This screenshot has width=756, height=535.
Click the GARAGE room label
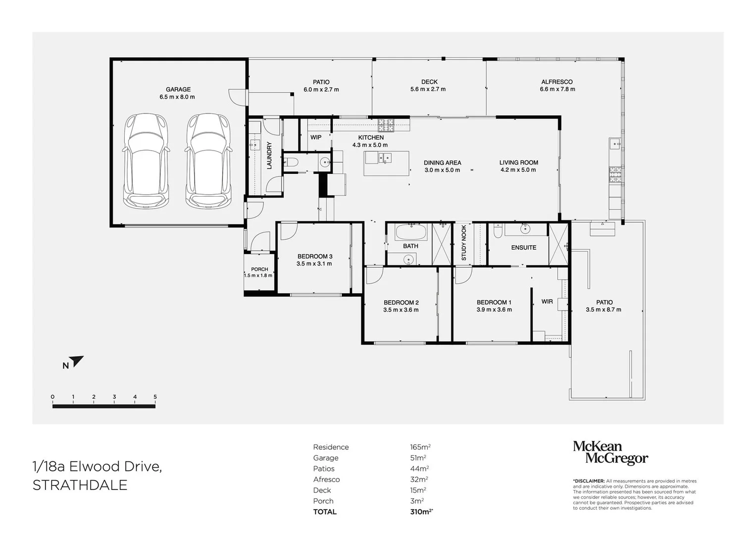[178, 90]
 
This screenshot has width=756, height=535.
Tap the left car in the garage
[146, 160]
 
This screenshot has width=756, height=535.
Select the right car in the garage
[208, 160]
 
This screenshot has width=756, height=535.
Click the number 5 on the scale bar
[155, 397]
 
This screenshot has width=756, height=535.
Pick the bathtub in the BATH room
[411, 232]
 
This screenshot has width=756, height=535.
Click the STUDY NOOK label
[464, 243]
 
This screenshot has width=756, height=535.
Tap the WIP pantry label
[316, 138]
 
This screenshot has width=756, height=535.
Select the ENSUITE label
[523, 248]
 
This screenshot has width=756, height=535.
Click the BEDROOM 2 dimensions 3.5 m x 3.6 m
[401, 310]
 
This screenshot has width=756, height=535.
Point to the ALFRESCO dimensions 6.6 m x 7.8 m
[557, 89]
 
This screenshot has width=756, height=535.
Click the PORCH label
[259, 269]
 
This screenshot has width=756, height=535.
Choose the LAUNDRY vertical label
[269, 156]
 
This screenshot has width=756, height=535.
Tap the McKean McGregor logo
[610, 453]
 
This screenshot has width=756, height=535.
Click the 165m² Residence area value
[420, 447]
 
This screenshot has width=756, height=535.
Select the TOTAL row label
[325, 512]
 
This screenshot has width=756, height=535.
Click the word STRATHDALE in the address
[80, 485]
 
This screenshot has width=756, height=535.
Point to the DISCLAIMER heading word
[589, 481]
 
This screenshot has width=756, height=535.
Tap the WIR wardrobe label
[547, 301]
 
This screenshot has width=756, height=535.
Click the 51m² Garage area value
[418, 458]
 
